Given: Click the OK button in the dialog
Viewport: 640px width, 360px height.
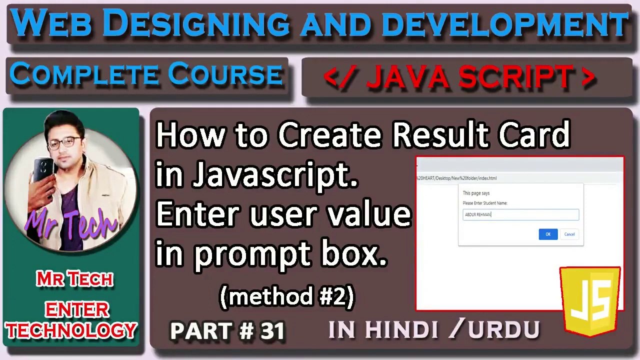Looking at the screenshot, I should [x=548, y=234].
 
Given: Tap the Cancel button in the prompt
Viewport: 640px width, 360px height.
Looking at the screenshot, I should [x=569, y=234].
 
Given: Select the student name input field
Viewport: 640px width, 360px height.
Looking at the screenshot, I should [x=521, y=214].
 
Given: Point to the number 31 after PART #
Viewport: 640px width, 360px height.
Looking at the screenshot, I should [x=272, y=331].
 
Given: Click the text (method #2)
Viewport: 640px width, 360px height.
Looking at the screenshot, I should [x=287, y=297].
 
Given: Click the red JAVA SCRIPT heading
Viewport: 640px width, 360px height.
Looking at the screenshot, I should [x=459, y=77].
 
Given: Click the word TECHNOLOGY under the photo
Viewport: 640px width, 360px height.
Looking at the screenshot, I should [x=71, y=330].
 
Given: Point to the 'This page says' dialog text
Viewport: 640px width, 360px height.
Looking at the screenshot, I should [x=476, y=193].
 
